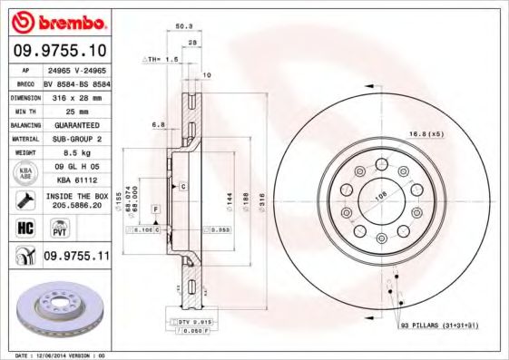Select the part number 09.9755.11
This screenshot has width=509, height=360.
pyautogui.click(x=76, y=258)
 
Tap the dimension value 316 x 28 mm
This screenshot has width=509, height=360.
pyautogui.click(x=76, y=94)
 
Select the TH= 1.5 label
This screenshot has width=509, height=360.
pyautogui.click(x=163, y=58)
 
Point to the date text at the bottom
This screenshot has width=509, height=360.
pyautogui.click(x=60, y=355)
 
